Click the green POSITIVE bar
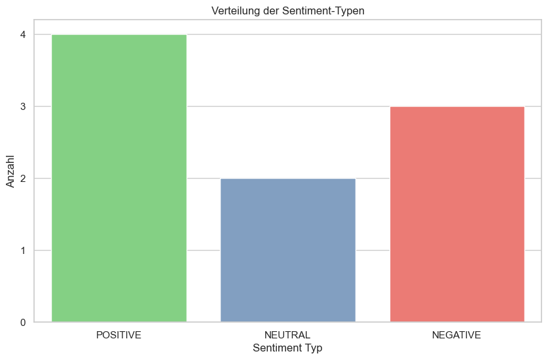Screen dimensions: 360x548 [x=119, y=178]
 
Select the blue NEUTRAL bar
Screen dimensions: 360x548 [x=287, y=250]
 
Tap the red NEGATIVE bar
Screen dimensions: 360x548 [x=456, y=214]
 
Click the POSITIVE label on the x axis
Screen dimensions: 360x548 [x=119, y=335]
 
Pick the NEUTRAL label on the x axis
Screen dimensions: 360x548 [x=287, y=335]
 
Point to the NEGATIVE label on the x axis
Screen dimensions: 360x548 [x=456, y=335]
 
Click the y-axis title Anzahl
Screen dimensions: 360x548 [x=10, y=170]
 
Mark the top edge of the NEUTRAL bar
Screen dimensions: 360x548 [x=287, y=179]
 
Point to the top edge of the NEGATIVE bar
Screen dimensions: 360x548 [x=456, y=107]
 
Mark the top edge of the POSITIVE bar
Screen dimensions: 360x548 [x=119, y=35]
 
